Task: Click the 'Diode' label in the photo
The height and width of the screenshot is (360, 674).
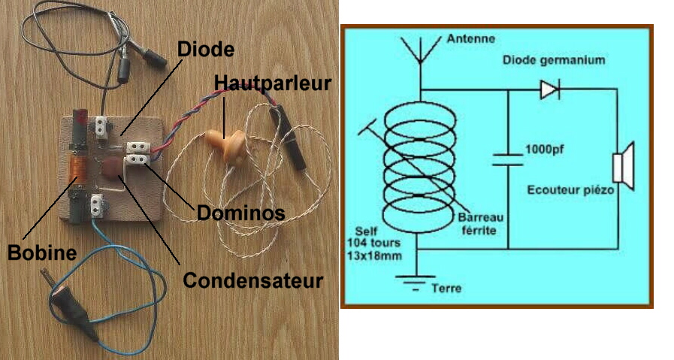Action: [x=206, y=50]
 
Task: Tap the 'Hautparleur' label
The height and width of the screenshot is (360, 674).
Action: [x=272, y=82]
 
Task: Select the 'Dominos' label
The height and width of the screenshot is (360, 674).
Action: [x=240, y=213]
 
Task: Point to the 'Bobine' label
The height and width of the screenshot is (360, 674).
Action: [x=42, y=253]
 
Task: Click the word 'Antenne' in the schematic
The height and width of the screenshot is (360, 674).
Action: [x=470, y=38]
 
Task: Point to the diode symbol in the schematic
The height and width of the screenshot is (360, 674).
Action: [x=549, y=91]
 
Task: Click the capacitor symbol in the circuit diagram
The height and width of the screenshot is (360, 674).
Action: [x=508, y=159]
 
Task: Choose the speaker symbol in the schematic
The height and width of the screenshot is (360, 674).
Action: [x=621, y=167]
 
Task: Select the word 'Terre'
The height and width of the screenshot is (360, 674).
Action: [x=448, y=288]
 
